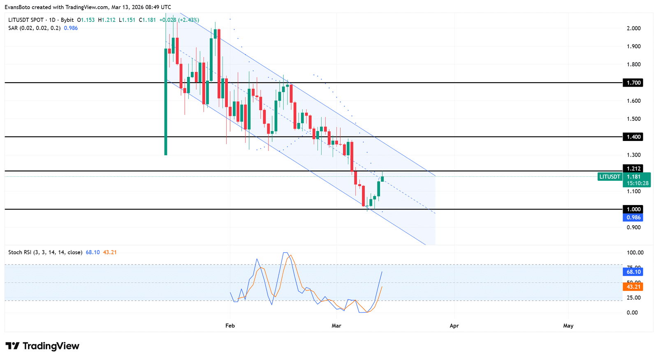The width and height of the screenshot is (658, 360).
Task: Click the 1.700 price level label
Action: coord(633,83)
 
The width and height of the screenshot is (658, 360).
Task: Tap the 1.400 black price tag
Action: coord(633,137)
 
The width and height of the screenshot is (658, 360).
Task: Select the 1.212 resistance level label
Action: coord(633,168)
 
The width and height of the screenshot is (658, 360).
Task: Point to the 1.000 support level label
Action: coord(633,209)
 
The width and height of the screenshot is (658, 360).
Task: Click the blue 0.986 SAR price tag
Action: coord(633,217)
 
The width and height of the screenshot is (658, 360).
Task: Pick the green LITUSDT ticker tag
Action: coord(609,177)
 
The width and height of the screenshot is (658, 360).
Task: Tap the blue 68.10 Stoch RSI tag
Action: coord(633,272)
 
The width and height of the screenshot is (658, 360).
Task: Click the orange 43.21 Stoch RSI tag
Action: coord(633,286)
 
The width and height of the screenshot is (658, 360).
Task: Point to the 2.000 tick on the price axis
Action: coord(633,28)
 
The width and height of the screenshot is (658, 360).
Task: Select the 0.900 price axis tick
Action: coord(633,227)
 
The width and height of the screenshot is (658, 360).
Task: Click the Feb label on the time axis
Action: coord(230,326)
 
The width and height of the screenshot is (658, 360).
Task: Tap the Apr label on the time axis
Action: coord(454,326)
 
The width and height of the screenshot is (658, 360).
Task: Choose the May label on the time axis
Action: coord(568,326)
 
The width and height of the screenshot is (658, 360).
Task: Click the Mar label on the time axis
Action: coord(336,326)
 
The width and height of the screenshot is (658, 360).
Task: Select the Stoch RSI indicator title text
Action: coord(45,252)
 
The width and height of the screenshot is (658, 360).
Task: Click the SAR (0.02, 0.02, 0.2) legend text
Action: coord(35,28)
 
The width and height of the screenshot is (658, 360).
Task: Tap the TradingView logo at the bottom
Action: coord(42,346)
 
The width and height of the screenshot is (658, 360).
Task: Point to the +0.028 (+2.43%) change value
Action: coord(179,20)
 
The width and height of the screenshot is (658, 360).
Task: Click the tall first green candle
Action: coord(166,102)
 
